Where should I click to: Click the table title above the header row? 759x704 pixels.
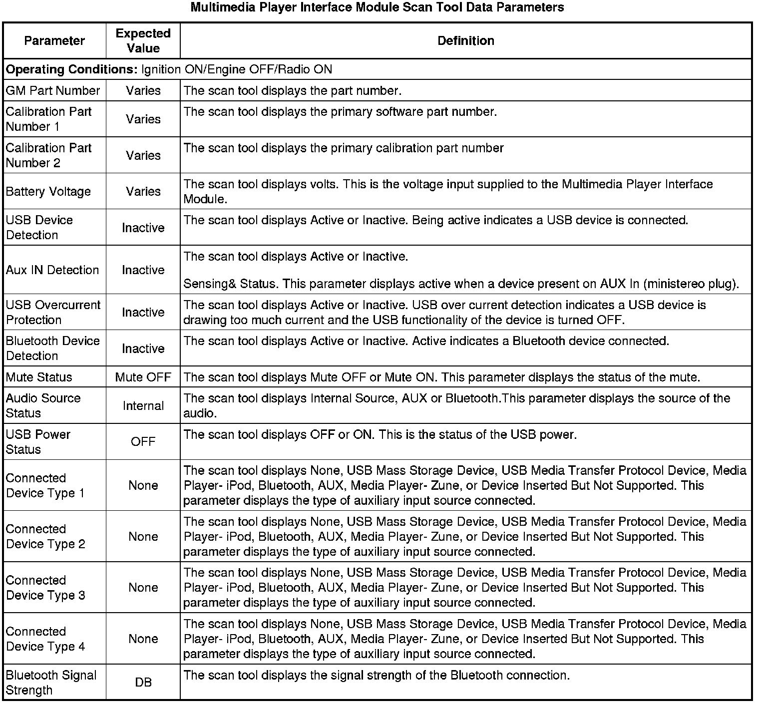(378, 7)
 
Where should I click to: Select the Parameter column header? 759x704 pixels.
(54, 40)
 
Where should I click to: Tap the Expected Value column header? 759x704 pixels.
(143, 40)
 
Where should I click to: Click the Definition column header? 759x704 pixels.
(465, 40)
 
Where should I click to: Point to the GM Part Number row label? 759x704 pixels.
(53, 90)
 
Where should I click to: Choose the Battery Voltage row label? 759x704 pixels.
(48, 191)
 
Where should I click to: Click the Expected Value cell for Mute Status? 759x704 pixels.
(143, 377)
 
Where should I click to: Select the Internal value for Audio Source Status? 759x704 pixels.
(143, 405)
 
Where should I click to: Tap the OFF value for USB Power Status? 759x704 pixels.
(143, 441)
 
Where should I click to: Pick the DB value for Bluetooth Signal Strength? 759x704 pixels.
(143, 682)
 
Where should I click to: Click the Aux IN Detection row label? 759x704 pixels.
(52, 270)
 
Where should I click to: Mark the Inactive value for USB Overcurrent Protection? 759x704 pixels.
(143, 312)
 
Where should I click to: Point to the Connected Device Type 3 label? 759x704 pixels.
(45, 588)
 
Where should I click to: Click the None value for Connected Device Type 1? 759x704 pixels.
(143, 485)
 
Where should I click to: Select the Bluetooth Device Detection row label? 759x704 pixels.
(53, 348)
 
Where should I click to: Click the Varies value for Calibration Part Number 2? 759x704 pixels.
(143, 155)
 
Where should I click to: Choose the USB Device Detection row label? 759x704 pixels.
(39, 227)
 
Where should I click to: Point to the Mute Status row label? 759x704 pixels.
(39, 377)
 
